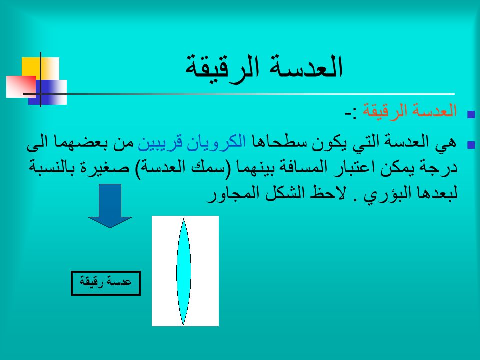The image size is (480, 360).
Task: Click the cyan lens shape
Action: (x=183, y=271)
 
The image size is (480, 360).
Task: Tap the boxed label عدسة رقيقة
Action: (x=106, y=283)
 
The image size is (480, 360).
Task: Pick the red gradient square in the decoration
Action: (x=21, y=87)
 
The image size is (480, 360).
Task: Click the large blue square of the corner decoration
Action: (x=48, y=92)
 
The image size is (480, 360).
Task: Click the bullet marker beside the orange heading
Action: (x=471, y=114)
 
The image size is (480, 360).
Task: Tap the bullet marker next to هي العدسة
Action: (x=471, y=144)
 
